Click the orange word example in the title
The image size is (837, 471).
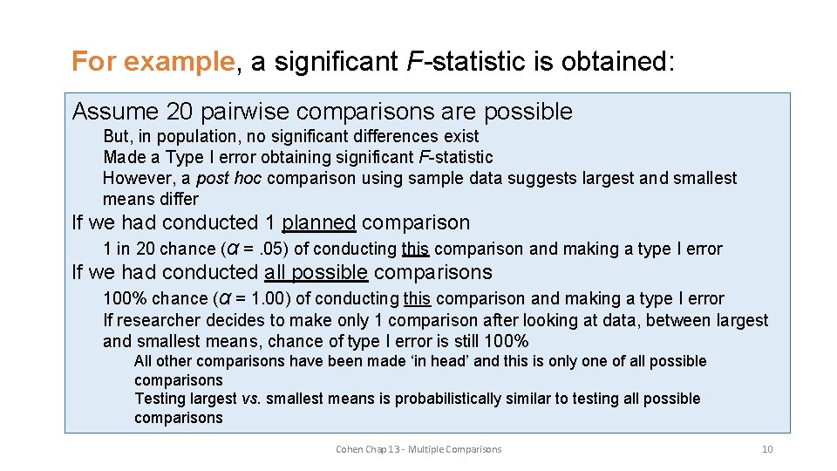coord(180,63)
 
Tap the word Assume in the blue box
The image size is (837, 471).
coord(115,112)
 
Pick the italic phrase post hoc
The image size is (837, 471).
coord(229,179)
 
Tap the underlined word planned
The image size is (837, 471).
coord(318,223)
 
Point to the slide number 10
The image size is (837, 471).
coord(767,449)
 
